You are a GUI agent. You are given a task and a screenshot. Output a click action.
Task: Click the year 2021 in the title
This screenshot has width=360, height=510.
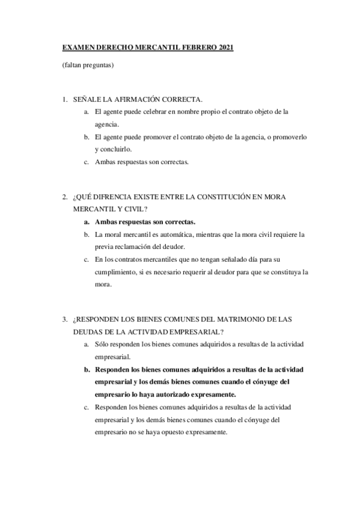(x=225, y=47)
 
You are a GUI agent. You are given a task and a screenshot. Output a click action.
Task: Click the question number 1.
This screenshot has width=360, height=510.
(x=64, y=99)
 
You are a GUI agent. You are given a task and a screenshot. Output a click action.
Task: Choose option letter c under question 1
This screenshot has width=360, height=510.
(x=87, y=162)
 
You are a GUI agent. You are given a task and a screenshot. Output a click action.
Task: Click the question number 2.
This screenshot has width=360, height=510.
(x=64, y=197)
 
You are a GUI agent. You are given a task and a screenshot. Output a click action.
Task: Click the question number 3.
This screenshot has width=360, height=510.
(x=64, y=319)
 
